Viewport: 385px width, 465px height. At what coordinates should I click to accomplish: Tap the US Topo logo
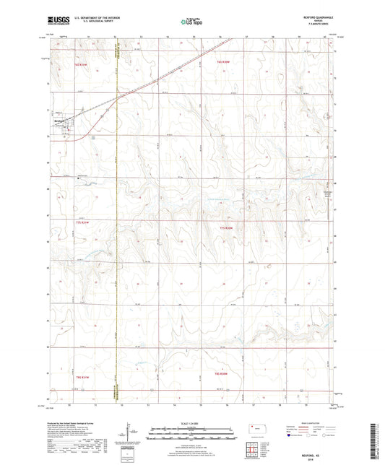191,22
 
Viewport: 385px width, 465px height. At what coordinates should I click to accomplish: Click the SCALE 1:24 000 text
191,422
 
